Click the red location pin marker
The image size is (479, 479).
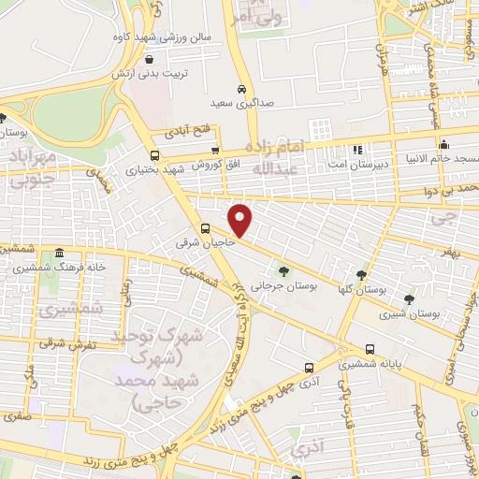tap(241, 219)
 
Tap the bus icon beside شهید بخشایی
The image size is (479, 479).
tap(154, 155)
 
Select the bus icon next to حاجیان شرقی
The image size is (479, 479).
tap(205, 228)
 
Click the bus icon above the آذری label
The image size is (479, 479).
tap(309, 368)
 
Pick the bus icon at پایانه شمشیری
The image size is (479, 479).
tap(371, 344)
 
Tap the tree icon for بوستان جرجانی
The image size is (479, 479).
tap(284, 271)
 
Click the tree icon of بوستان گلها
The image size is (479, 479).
tap(361, 274)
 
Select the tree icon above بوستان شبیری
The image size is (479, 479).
tap(409, 298)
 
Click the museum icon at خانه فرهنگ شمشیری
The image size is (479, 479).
tap(60, 254)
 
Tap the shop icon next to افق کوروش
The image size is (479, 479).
tap(215, 150)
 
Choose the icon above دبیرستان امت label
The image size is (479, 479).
tap(356, 150)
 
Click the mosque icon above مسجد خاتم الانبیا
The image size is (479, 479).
tap(443, 145)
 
